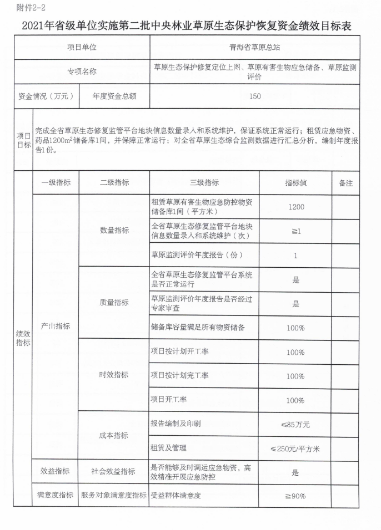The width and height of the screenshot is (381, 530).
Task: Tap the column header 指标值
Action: pos(295,183)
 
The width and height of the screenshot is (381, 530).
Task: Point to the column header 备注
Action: pos(345,183)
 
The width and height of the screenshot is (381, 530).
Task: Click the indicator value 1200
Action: pos(295,207)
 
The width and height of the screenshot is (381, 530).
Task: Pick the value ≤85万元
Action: pos(295,424)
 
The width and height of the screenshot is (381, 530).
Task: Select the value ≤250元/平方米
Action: pos(295,448)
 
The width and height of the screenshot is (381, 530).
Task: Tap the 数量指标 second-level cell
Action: pos(114,230)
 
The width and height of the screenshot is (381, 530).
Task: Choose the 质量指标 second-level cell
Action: pos(114,302)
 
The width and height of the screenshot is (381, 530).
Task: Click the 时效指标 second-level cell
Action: pos(114,375)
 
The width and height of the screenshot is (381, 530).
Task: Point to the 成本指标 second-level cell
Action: pos(114,435)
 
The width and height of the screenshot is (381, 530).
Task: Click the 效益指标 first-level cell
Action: pos(56,471)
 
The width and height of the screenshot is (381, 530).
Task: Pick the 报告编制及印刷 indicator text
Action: pos(176,424)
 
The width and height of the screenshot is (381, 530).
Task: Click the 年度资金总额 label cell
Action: pos(114,96)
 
